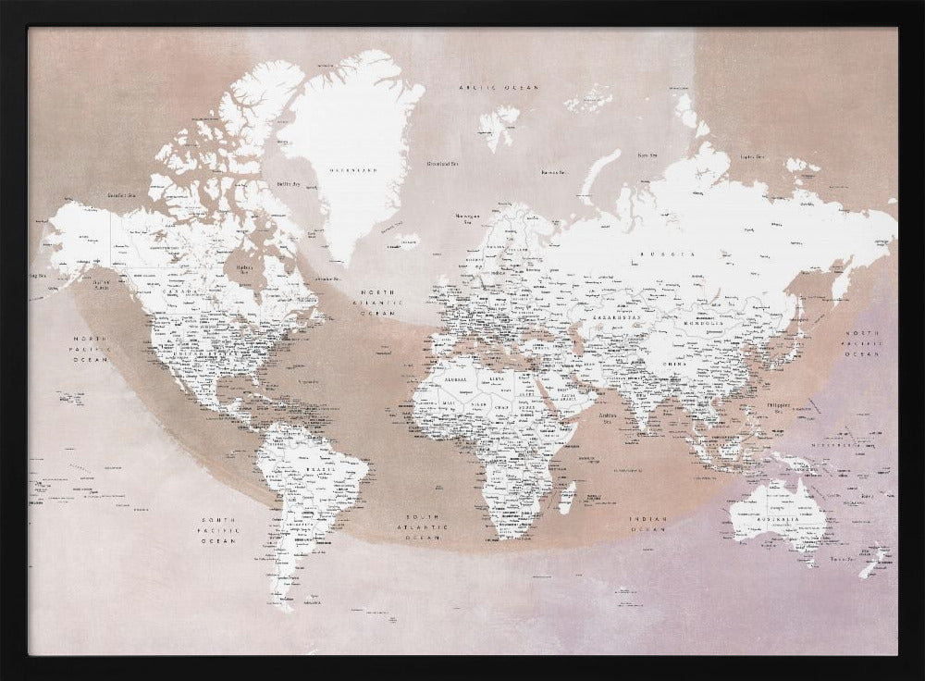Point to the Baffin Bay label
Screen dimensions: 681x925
click(290, 184)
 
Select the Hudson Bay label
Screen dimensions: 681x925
click(245, 269)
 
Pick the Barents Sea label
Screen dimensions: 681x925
click(553, 171)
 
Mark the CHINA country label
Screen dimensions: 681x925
click(674, 364)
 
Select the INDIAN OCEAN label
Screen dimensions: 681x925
click(647, 524)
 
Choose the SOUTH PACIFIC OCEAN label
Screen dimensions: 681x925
click(219, 530)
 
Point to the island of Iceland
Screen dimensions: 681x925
click(404, 241)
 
